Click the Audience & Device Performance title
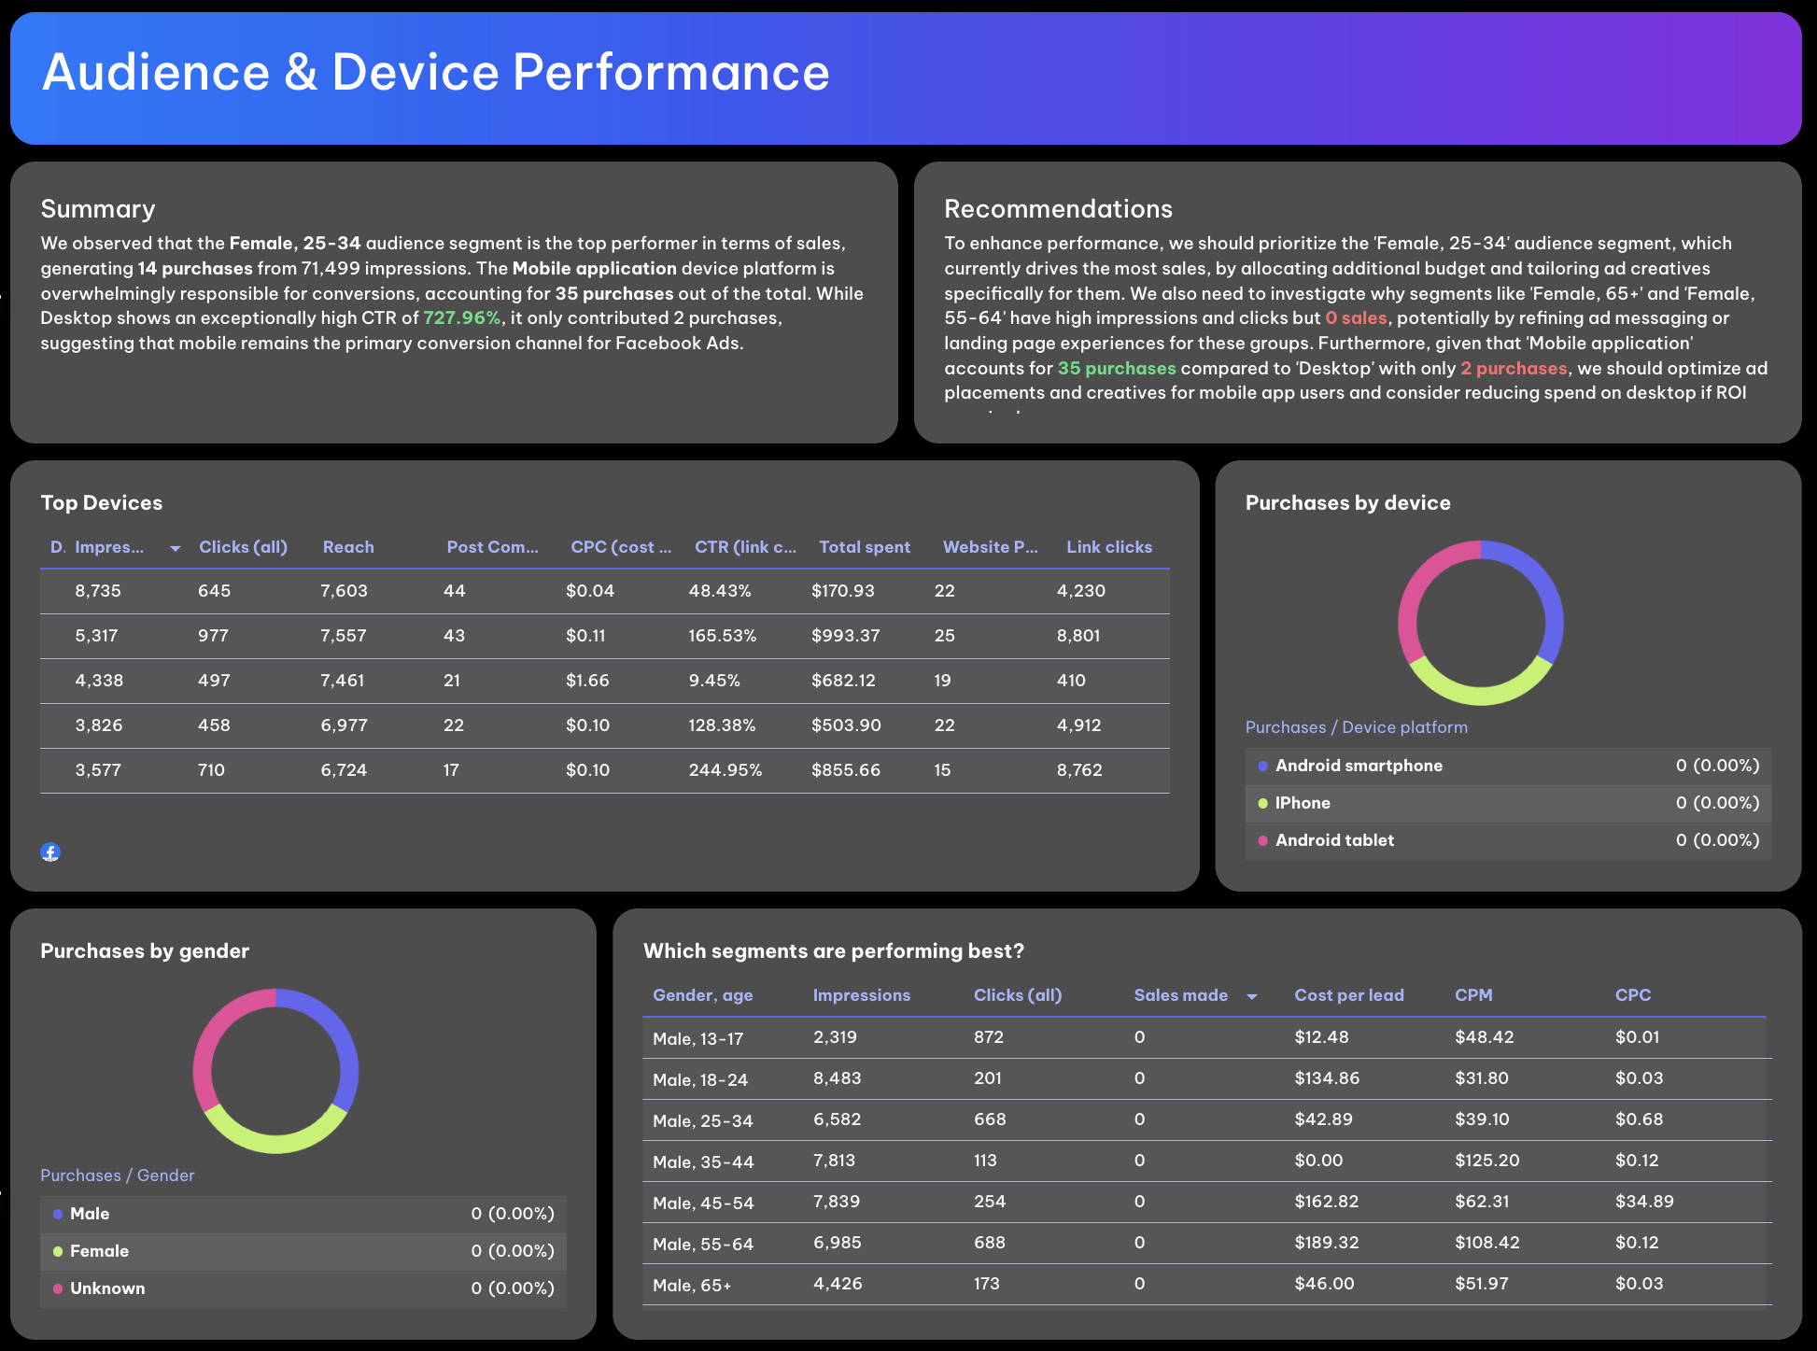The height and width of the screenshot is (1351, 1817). [436, 73]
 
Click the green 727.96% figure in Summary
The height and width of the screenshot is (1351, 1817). [461, 317]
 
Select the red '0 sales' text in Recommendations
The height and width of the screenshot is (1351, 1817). [1356, 317]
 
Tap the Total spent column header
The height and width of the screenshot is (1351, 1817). [864, 547]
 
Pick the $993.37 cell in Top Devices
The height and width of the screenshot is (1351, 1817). [845, 636]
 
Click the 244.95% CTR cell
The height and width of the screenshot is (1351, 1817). [725, 770]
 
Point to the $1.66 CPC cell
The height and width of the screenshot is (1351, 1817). [587, 681]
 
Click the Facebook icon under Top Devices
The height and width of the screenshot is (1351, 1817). [50, 851]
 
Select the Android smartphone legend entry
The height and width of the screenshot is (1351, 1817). [1359, 766]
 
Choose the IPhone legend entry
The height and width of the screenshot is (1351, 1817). [1303, 803]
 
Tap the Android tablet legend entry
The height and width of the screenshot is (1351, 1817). [1334, 840]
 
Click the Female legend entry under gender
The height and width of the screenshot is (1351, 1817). [99, 1251]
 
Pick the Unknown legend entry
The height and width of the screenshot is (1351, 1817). [107, 1288]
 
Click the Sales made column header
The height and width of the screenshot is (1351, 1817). [1181, 995]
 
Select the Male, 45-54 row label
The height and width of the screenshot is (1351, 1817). [703, 1203]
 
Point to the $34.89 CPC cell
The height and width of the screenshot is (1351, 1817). [1644, 1202]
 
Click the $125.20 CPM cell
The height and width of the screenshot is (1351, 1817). [1486, 1161]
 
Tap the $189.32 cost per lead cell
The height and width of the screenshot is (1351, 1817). [1326, 1243]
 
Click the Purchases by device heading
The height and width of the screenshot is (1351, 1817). [1347, 503]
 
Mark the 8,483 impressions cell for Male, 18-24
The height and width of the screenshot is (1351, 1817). [837, 1078]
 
